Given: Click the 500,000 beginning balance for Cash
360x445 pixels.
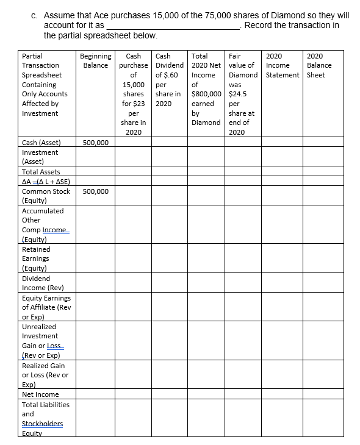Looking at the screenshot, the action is point(96,143).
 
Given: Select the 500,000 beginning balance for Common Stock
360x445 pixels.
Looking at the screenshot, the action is point(96,191).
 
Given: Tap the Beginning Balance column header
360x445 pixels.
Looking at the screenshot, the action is point(96,60).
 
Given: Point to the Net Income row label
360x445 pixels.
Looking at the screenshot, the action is point(40,394).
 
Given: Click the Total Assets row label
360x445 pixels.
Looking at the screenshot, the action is point(41,172).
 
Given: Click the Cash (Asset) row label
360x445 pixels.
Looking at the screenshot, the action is point(41,143).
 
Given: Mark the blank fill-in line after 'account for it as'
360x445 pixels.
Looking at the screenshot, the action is point(173,26).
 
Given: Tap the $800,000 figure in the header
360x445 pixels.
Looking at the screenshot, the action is point(206,94).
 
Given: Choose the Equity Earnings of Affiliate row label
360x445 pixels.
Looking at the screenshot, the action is point(46,307).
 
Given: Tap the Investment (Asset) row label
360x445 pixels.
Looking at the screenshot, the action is point(40,157).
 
